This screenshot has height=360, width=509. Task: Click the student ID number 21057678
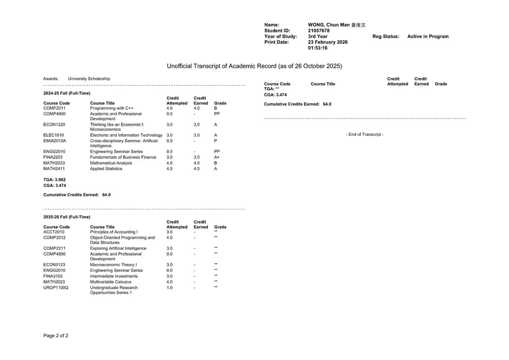click(319, 31)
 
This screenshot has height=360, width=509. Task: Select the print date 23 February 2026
click(328, 42)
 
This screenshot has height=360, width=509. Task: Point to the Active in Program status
click(428, 37)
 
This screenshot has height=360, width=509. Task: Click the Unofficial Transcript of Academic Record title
click(254, 66)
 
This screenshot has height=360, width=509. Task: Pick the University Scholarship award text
click(89, 79)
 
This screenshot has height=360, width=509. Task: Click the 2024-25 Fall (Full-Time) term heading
click(67, 93)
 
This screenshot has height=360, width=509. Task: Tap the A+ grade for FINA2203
click(217, 157)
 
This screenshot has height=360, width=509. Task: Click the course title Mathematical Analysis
click(111, 163)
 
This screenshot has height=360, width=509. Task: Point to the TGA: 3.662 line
click(55, 180)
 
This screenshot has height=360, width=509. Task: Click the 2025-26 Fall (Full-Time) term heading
click(67, 217)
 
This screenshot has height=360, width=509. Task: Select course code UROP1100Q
click(56, 287)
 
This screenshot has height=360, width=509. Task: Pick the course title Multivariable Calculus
click(111, 282)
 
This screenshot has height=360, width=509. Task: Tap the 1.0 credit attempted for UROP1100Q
click(169, 287)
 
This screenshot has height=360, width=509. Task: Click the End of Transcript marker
click(364, 135)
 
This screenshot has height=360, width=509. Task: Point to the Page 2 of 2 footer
click(56, 336)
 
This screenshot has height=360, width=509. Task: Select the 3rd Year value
click(318, 37)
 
